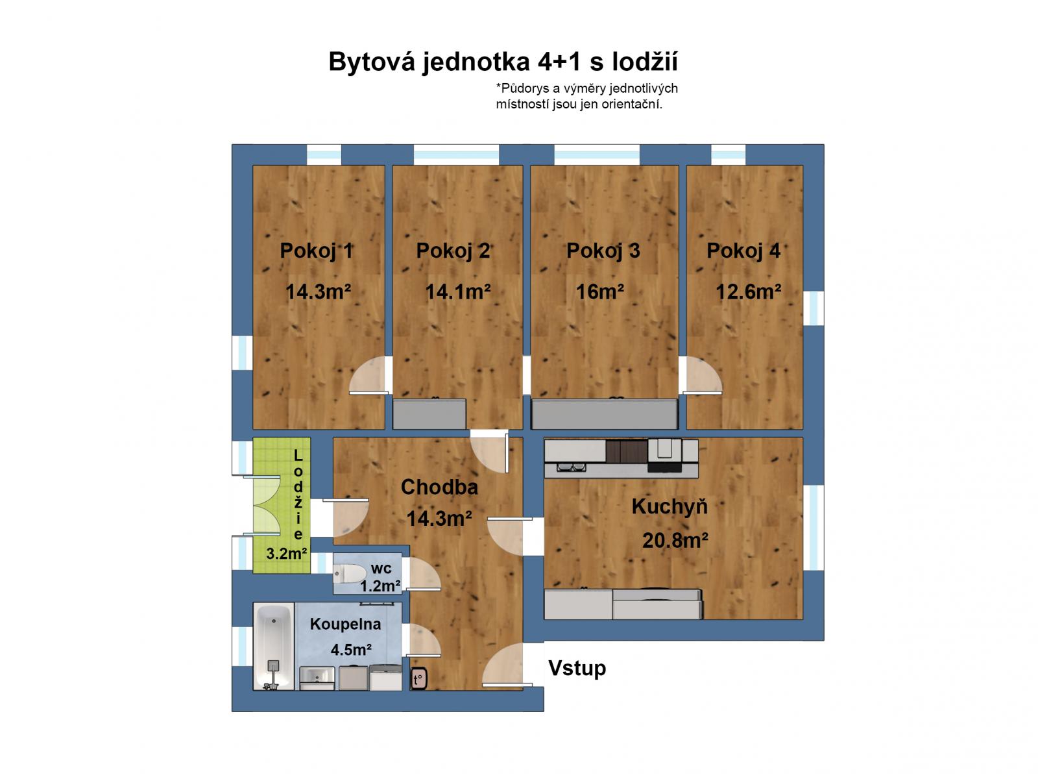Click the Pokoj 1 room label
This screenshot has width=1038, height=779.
317,251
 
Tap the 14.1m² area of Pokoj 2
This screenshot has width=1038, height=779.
457,291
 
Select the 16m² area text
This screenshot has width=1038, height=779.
600,291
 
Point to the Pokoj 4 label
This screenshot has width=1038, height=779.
743,251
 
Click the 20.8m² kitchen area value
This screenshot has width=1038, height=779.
675,540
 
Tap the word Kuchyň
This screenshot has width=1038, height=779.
670,506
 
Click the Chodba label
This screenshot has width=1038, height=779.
439,487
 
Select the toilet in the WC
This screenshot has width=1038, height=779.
350,575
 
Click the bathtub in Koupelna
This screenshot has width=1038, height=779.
274,646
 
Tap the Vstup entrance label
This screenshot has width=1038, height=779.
577,668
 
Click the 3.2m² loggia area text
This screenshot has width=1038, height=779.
287,554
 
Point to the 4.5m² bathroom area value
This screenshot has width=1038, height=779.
351,649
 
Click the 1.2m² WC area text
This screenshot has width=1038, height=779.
380,586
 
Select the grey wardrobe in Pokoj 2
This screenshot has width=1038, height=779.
429,414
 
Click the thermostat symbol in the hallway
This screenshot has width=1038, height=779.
418,679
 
